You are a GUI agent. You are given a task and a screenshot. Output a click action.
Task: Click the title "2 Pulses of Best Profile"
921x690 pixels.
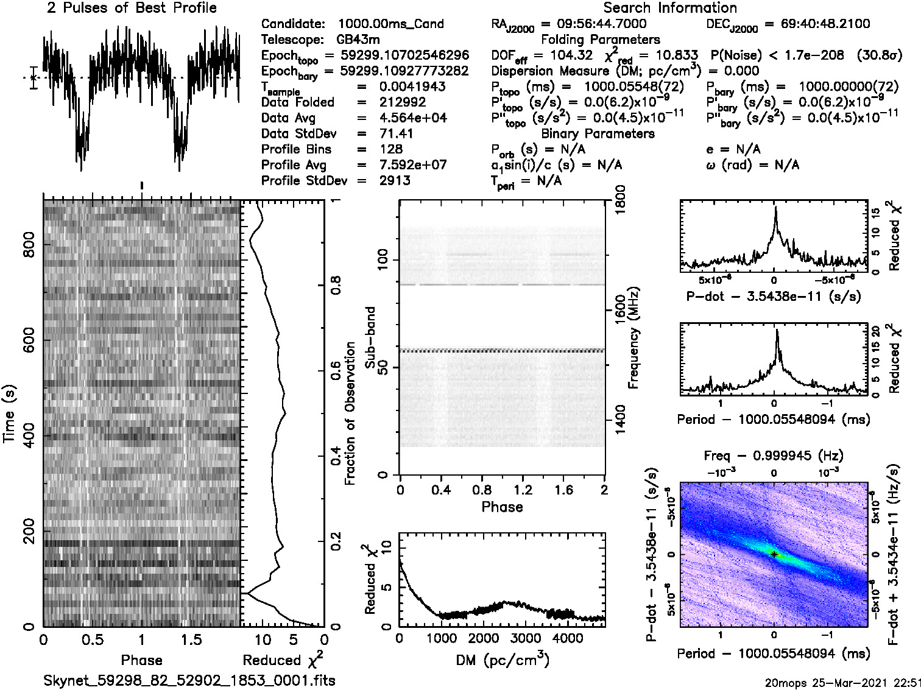[x=132, y=9]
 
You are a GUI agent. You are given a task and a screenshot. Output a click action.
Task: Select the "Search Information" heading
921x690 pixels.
[x=670, y=9]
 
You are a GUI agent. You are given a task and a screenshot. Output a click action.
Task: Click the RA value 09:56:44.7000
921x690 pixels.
[x=594, y=24]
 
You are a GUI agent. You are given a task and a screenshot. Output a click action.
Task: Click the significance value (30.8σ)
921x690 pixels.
[x=880, y=55]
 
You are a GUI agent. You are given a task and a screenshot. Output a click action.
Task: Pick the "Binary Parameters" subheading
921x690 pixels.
[x=598, y=133]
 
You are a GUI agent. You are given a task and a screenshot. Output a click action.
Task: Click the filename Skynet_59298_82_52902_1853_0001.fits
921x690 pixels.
[x=189, y=680]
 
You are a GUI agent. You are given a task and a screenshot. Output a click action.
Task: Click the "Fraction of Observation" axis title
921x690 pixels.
[x=350, y=414]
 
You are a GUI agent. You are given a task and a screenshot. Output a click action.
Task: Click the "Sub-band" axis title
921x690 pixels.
[x=370, y=337]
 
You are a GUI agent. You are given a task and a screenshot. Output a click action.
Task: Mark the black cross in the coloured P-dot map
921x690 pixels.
[x=774, y=554]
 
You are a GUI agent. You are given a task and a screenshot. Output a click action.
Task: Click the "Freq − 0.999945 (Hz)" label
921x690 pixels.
[x=774, y=456]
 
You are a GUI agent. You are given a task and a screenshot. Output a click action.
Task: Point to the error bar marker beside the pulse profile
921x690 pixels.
[x=34, y=77]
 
